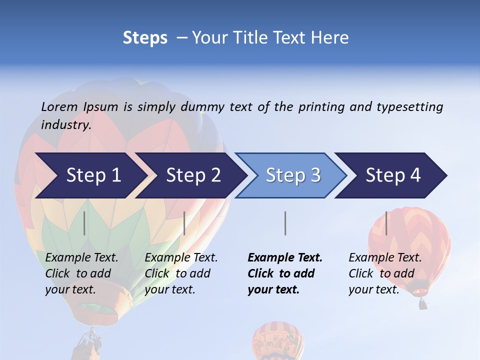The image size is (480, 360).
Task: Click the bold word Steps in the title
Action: pos(145,38)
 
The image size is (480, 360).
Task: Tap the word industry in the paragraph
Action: pos(65,125)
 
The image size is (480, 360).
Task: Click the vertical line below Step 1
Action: pos(84,223)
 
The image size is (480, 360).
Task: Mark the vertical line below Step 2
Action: pos(184,223)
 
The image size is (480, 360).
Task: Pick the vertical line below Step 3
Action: pos(285,223)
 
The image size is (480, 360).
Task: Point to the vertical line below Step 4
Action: pos(386,223)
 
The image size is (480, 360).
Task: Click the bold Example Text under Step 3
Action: pos(285,258)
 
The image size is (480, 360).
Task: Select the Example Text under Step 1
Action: pos(81,258)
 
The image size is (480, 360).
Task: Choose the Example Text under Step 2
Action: pos(181,258)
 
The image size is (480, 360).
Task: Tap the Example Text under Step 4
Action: pos(385,258)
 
